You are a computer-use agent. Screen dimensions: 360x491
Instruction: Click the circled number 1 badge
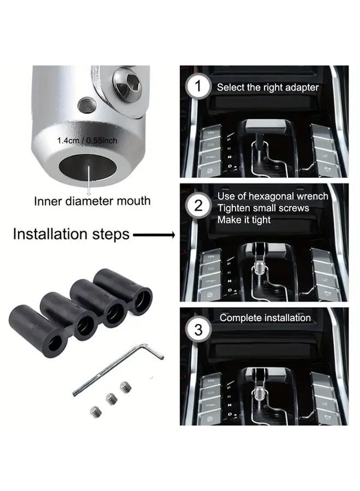(198, 86)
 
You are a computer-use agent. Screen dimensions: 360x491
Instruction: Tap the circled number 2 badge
(198, 206)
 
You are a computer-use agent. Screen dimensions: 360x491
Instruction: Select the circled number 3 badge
(198, 330)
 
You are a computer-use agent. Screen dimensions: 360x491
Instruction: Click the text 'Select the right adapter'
(268, 87)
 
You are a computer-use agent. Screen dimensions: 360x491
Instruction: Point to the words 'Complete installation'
(265, 318)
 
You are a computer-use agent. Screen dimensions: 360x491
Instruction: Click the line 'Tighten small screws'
(263, 208)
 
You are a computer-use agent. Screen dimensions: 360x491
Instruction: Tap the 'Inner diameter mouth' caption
(92, 201)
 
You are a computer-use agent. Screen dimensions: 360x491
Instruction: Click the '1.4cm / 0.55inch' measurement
(87, 141)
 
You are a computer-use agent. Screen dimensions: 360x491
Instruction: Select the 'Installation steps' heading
(71, 234)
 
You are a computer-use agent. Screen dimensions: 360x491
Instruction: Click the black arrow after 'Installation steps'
(154, 235)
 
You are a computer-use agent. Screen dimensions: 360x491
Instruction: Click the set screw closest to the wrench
(125, 387)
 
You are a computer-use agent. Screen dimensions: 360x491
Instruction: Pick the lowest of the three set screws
(95, 412)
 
